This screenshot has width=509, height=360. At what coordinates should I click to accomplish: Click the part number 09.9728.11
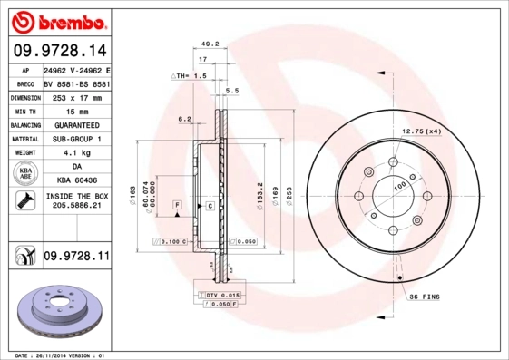pos(76,258)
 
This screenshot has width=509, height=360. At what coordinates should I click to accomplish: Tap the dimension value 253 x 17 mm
pos(76,96)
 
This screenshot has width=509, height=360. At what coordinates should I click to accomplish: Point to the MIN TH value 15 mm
pos(76,110)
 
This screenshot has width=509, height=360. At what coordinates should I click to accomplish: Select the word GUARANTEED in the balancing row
pos(76,124)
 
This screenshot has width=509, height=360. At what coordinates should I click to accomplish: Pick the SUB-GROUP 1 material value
pos(76,139)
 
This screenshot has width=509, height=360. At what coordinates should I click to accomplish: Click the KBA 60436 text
pos(76,181)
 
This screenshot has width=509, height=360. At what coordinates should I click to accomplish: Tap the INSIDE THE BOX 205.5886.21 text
pos(76,201)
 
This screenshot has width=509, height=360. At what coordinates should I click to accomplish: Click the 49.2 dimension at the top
pos(210,43)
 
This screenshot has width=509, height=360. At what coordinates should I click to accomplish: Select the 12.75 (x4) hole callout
pos(422,132)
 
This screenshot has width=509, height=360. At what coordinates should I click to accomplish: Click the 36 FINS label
pos(425,297)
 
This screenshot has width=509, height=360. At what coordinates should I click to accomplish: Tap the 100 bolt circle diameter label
pos(398,187)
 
